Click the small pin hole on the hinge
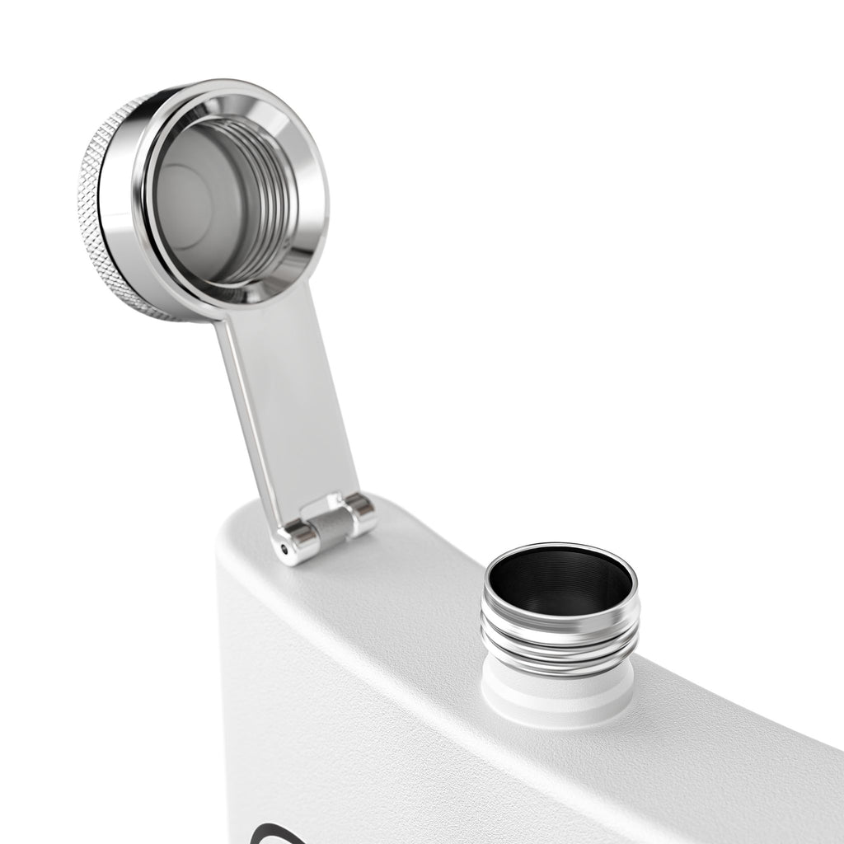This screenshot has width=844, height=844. pyautogui.click(x=285, y=547)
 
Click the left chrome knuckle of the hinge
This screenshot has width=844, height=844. pyautogui.click(x=298, y=540)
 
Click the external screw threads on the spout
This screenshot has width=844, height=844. pyautogui.click(x=560, y=647)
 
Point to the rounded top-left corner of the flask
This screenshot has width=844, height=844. pyautogui.click(x=235, y=536)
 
